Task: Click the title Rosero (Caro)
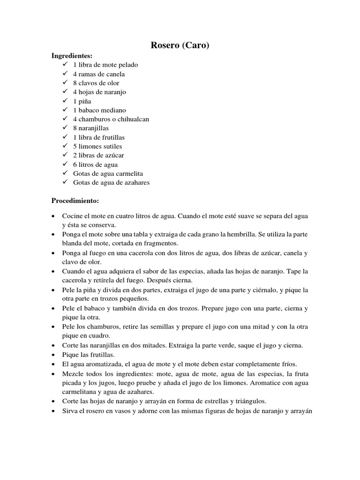(180, 45)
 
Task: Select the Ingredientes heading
(72, 56)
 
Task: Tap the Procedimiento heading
(75, 201)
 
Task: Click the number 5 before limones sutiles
(75, 146)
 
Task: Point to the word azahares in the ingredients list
(135, 182)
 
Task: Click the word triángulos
(250, 401)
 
